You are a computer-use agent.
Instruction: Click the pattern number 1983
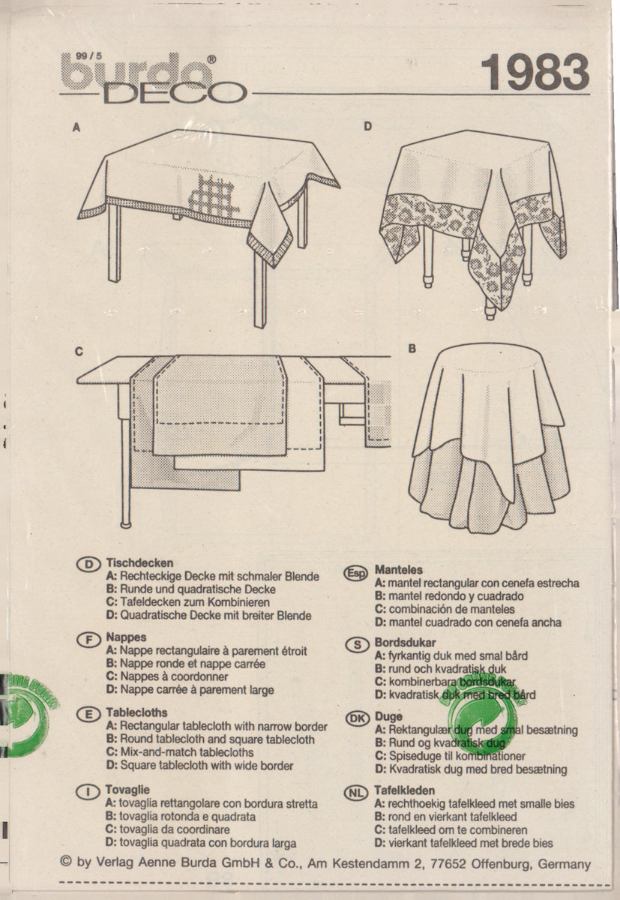coord(534,73)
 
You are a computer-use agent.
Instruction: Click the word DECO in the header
coord(174,93)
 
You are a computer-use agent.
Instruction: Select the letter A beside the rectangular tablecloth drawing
coord(76,128)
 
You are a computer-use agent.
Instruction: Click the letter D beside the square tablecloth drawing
coord(367,127)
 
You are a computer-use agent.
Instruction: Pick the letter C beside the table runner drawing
coord(78,350)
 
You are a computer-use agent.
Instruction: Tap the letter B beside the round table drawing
coord(411,349)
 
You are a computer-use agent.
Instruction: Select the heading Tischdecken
coord(140,562)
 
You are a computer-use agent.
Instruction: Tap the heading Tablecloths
coord(137,712)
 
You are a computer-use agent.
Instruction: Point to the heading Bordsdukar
coord(406,643)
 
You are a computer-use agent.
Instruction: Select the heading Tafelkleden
coord(405,790)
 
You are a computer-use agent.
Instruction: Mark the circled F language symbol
coord(88,639)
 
